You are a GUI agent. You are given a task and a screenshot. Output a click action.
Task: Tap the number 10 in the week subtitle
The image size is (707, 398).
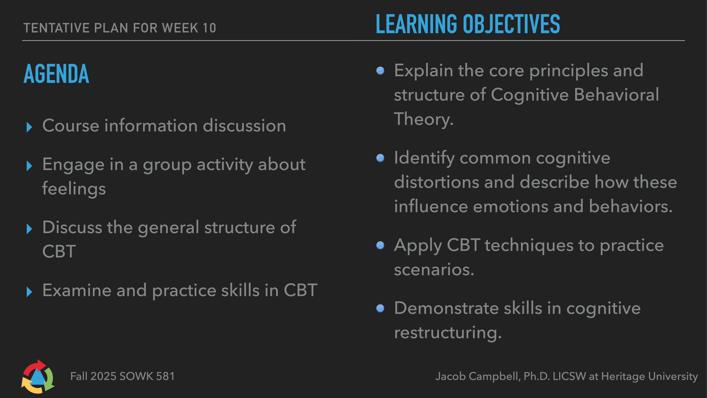click(x=209, y=28)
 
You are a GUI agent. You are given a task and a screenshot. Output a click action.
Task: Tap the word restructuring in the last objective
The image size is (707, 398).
click(x=447, y=333)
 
